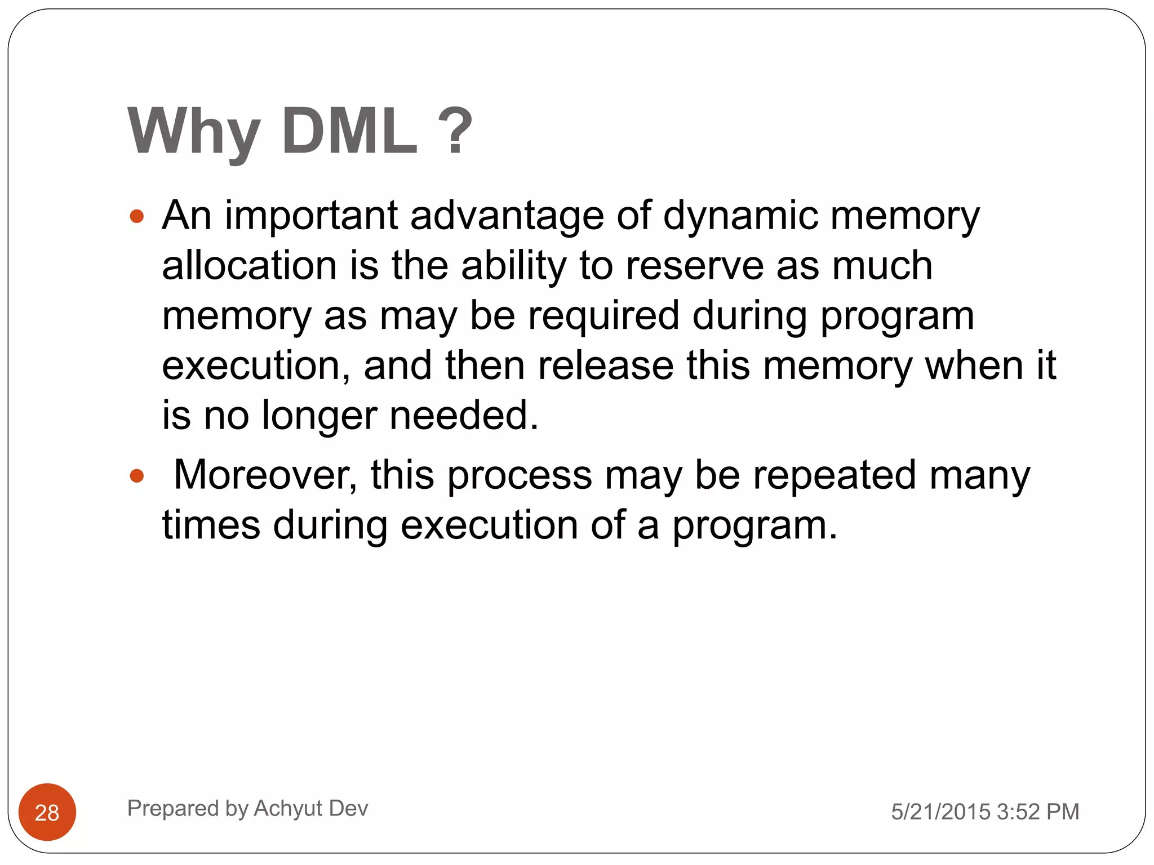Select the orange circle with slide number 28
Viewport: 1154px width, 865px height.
point(47,812)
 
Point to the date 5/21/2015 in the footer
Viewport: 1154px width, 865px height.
point(940,812)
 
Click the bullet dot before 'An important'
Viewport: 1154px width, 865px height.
point(136,216)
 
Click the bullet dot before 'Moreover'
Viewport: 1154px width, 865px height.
point(136,476)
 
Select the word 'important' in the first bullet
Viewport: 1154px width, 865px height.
point(312,216)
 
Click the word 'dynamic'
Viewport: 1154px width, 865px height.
point(740,217)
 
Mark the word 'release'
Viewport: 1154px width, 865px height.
point(606,365)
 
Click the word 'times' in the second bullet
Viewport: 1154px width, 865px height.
point(211,525)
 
